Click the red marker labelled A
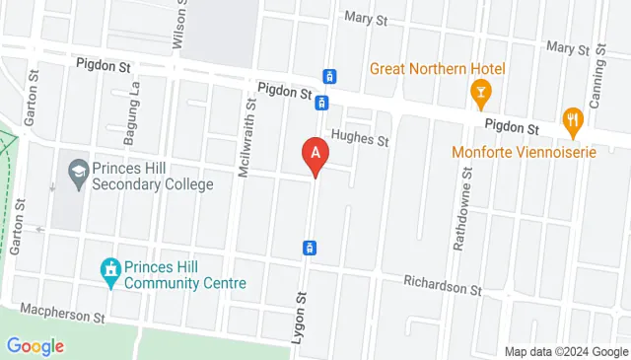click(315, 155)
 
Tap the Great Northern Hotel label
click(438, 69)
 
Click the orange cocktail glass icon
click(480, 94)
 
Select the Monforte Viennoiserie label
click(513, 152)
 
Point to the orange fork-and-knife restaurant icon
click(572, 122)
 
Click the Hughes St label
click(361, 139)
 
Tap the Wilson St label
click(178, 25)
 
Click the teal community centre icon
click(109, 269)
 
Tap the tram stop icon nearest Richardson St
click(310, 247)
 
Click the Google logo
click(35, 346)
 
